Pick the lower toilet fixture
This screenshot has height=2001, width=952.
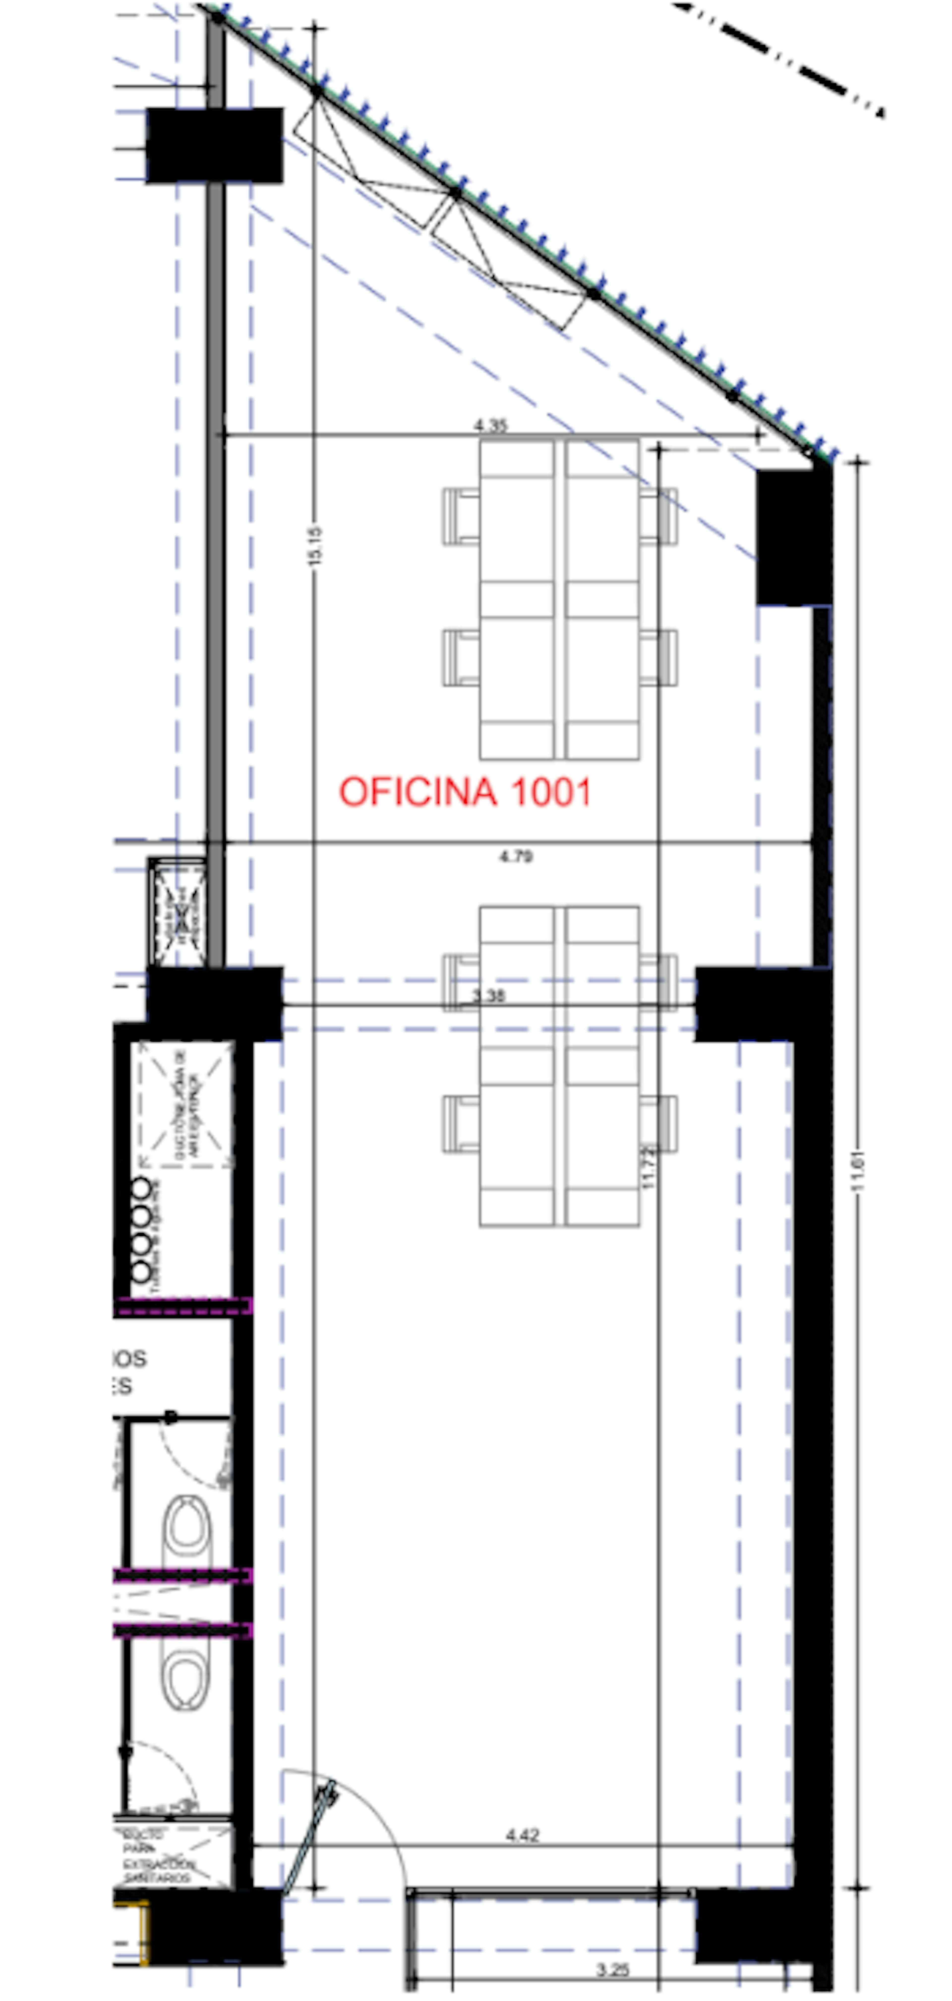[186, 1678]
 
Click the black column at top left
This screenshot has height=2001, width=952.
[214, 145]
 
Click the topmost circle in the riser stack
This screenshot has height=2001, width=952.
[141, 1189]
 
